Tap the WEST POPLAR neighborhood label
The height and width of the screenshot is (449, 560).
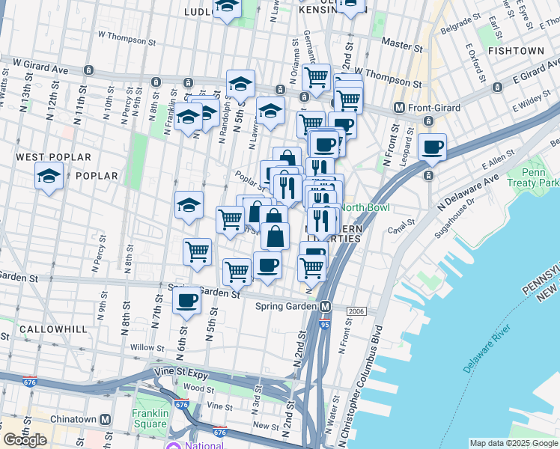[53, 157]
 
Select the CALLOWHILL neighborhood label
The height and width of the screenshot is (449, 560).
[53, 329]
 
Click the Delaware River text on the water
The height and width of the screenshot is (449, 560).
[487, 349]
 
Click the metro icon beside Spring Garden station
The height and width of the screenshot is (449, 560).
[326, 306]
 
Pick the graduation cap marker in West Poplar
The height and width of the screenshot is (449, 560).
[49, 177]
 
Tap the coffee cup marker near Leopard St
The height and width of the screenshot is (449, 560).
[433, 147]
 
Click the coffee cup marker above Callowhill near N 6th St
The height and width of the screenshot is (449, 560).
[187, 301]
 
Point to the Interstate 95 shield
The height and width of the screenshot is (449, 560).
[323, 325]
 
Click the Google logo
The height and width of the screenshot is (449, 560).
[25, 440]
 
